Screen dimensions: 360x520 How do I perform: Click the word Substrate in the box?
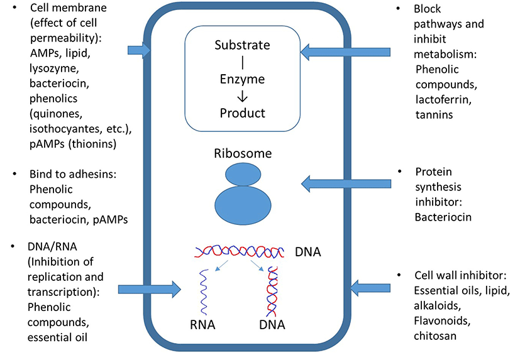pyautogui.click(x=242, y=46)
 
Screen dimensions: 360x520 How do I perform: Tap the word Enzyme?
pyautogui.click(x=242, y=80)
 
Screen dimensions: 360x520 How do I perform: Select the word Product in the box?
pyautogui.click(x=242, y=114)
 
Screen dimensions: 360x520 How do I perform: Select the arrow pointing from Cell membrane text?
pyautogui.click(x=138, y=50)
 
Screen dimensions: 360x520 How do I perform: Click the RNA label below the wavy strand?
pyautogui.click(x=203, y=325)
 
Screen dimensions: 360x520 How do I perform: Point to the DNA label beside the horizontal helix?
pyautogui.click(x=308, y=252)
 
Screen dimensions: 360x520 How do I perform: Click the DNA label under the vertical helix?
pyautogui.click(x=272, y=325)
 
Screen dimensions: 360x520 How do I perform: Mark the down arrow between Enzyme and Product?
pyautogui.click(x=242, y=97)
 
